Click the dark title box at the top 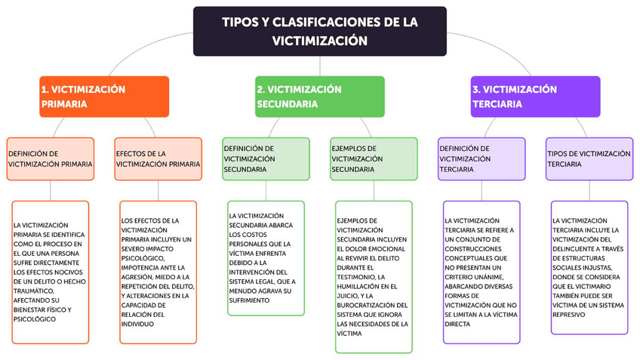(319, 31)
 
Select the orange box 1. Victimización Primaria (104, 97)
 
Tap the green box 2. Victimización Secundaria (319, 97)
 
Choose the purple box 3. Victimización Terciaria (535, 97)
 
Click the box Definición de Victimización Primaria (51, 158)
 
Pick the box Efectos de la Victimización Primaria (158, 158)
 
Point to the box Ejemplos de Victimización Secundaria (374, 158)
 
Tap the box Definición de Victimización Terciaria (482, 158)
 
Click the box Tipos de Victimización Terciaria (589, 158)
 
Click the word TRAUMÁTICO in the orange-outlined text (35, 291)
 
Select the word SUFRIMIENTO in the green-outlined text (249, 300)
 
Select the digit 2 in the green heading (260, 89)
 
